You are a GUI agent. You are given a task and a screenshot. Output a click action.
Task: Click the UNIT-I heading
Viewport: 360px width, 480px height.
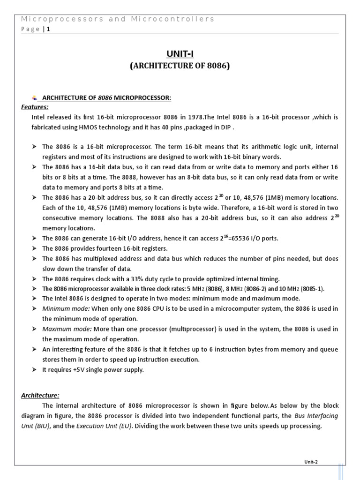point(180,55)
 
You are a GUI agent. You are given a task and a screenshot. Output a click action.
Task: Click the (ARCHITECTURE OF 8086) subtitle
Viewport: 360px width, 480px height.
point(180,66)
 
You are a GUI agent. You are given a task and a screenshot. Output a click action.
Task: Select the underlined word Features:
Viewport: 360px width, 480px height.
point(35,107)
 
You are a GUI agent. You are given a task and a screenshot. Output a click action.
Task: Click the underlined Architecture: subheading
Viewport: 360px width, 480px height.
point(40,395)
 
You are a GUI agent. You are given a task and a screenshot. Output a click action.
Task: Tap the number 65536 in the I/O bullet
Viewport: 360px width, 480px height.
point(242,239)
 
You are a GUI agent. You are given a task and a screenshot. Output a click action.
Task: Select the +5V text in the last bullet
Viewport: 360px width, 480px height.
point(78,370)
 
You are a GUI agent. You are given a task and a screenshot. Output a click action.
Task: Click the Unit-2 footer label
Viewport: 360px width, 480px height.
point(310,462)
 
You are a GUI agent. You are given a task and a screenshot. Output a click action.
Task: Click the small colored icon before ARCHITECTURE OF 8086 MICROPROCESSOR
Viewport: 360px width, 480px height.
point(34,97)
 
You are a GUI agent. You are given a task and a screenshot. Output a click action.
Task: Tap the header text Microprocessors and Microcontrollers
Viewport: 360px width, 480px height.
point(118,19)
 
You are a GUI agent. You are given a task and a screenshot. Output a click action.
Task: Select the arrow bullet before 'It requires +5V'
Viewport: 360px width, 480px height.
point(34,370)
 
